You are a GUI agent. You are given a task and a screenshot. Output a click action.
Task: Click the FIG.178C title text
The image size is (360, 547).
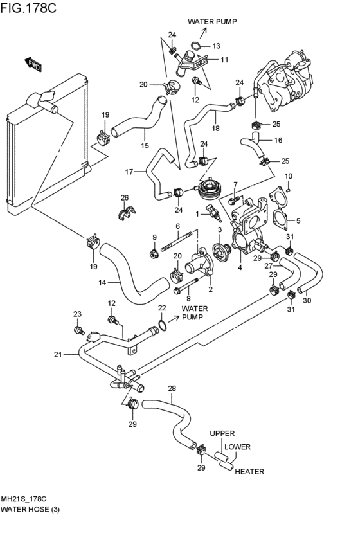pyautogui.click(x=28, y=8)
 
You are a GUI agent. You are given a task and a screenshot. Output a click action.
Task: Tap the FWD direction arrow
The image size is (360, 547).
pyautogui.click(x=33, y=65)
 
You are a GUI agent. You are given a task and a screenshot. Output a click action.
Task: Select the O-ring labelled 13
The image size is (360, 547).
pyautogui.click(x=196, y=46)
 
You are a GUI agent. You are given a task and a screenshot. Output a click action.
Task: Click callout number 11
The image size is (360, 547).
pyautogui.click(x=224, y=60)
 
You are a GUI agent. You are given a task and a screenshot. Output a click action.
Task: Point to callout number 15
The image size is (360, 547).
pyautogui.click(x=145, y=145)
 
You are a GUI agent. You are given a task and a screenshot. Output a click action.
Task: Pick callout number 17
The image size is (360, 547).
pyautogui.click(x=129, y=172)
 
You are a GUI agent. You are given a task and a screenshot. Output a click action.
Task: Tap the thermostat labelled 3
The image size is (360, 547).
pyautogui.click(x=222, y=251)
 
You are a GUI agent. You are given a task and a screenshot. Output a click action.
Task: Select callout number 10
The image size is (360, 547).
pyautogui.click(x=289, y=176)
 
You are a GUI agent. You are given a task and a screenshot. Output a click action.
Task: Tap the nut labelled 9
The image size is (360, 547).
pyautogui.click(x=154, y=254)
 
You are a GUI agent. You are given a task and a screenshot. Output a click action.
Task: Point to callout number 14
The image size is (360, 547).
pyautogui.click(x=102, y=282)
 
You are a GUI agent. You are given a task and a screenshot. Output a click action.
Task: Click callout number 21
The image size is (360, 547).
pyautogui.click(x=58, y=355)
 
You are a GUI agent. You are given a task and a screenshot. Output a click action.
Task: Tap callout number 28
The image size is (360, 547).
pyautogui.click(x=172, y=388)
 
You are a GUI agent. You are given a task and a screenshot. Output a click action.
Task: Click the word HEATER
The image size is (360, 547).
pyautogui.click(x=249, y=472)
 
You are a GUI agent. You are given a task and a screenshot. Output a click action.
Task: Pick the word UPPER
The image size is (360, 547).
pyautogui.click(x=222, y=433)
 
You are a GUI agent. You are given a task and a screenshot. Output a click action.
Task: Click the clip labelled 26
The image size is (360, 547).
pyautogui.click(x=125, y=213)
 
